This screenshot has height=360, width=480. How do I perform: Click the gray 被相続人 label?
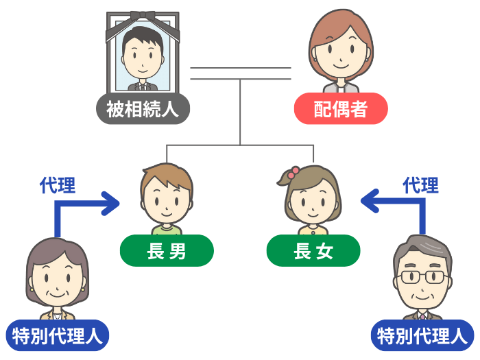pyautogui.click(x=142, y=109)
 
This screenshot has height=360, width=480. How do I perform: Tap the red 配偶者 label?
pyautogui.click(x=341, y=109)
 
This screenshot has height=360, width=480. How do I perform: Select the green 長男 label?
pyautogui.click(x=167, y=250)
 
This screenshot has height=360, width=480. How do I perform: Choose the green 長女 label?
pyautogui.click(x=313, y=250)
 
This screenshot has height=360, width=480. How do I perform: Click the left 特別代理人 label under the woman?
pyautogui.click(x=58, y=335)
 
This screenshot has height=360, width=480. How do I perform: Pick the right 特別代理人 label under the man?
pyautogui.click(x=422, y=335)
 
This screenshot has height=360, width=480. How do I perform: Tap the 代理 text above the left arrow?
pyautogui.click(x=58, y=185)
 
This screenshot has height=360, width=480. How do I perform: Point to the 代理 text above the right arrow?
pyautogui.click(x=420, y=185)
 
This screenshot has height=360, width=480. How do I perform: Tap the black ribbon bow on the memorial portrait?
pyautogui.click(x=143, y=16)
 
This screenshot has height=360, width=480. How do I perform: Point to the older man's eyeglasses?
pyautogui.click(x=423, y=277)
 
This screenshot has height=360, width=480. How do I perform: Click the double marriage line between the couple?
pyautogui.click(x=240, y=73)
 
